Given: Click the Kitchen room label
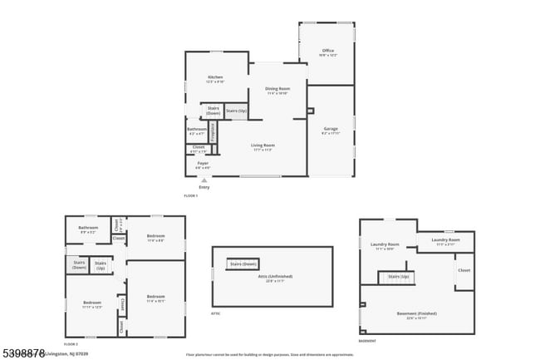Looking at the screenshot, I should (x=215, y=79).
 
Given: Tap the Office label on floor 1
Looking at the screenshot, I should (x=328, y=52).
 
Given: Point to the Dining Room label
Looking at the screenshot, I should (x=277, y=90).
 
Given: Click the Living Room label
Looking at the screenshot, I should (x=263, y=147).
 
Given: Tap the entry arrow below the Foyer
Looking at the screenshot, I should (x=204, y=180).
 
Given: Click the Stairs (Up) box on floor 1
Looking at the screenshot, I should (x=236, y=111).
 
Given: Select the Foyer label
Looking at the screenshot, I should (x=203, y=164).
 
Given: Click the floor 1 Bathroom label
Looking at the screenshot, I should (x=197, y=131).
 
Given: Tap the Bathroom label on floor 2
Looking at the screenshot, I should (x=88, y=229).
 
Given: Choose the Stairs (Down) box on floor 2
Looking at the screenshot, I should (x=79, y=265).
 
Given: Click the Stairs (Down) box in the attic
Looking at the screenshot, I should (x=243, y=264).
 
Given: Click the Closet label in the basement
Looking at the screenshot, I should (x=464, y=270).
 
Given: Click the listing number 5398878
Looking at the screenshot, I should (x=22, y=353).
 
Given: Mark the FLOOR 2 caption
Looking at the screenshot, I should (x=71, y=343).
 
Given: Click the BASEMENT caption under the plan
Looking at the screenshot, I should (x=366, y=342).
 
